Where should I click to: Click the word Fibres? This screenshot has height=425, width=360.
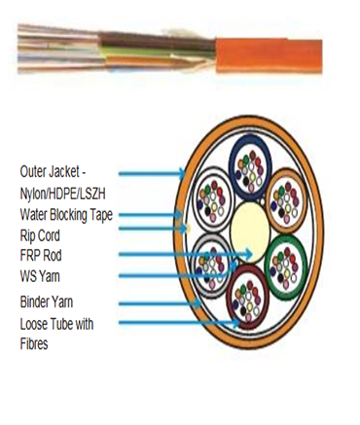point(36,343)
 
